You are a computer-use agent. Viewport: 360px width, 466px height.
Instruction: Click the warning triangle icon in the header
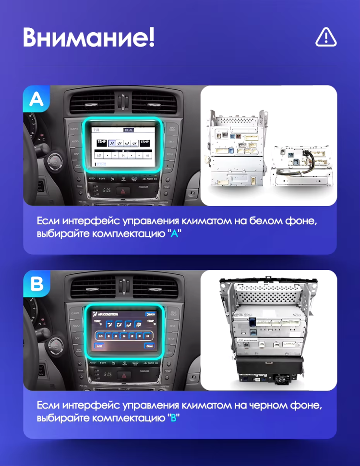pos(326,37)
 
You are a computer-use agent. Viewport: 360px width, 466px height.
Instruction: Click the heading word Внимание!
pos(89,37)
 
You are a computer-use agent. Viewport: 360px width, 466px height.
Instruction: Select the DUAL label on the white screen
pos(129,130)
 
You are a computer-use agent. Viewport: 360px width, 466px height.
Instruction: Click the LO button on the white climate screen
pos(99,155)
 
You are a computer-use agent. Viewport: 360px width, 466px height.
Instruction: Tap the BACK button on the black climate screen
pos(150,314)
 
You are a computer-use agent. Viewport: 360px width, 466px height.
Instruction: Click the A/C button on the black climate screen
pos(99,345)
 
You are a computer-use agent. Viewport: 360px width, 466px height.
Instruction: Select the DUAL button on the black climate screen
pos(149,345)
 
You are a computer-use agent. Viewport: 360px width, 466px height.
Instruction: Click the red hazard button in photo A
pos(123,191)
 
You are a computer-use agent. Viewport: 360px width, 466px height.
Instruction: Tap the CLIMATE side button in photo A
pos(75,129)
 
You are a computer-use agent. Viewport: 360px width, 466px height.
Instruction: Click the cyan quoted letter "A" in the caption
pos(174,234)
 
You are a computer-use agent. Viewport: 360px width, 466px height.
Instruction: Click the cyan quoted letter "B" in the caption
pos(174,418)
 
